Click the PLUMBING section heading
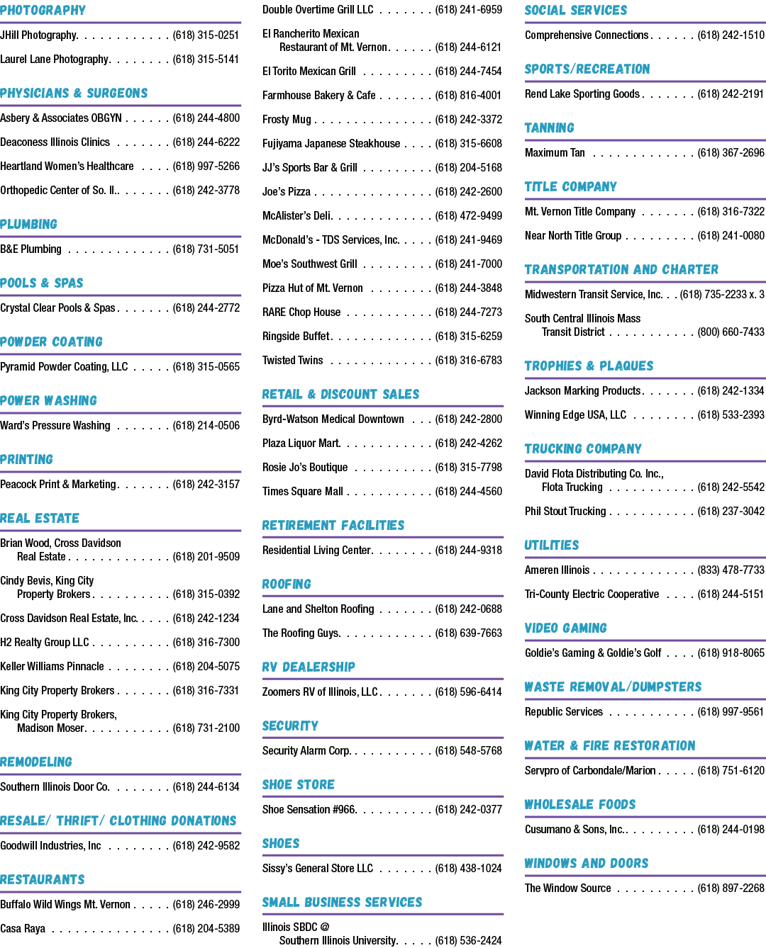click(x=28, y=224)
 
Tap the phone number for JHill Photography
click(x=206, y=35)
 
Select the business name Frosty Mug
click(x=287, y=119)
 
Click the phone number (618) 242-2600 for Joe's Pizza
click(x=468, y=192)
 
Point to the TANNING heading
click(x=549, y=128)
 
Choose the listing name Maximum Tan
click(x=555, y=152)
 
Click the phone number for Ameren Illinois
click(x=731, y=570)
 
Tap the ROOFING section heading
click(x=287, y=584)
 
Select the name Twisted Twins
click(x=292, y=361)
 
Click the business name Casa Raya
click(x=23, y=929)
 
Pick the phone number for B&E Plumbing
click(x=206, y=249)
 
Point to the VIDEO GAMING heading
click(x=565, y=628)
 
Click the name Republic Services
click(x=563, y=711)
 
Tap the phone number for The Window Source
click(x=731, y=888)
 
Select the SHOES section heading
click(x=281, y=843)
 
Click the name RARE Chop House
click(x=301, y=312)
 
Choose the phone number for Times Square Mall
click(x=468, y=491)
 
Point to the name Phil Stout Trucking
click(x=565, y=512)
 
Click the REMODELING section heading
click(x=36, y=762)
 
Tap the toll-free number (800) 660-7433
click(x=731, y=332)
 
